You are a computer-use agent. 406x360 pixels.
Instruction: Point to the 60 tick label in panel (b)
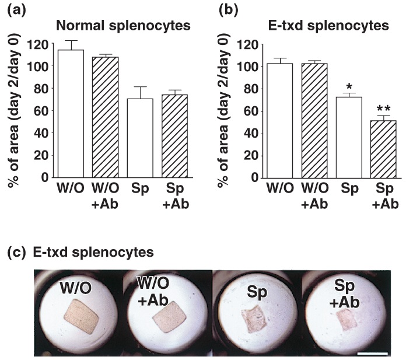(250, 111)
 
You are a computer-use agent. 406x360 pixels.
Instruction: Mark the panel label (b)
(228, 8)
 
